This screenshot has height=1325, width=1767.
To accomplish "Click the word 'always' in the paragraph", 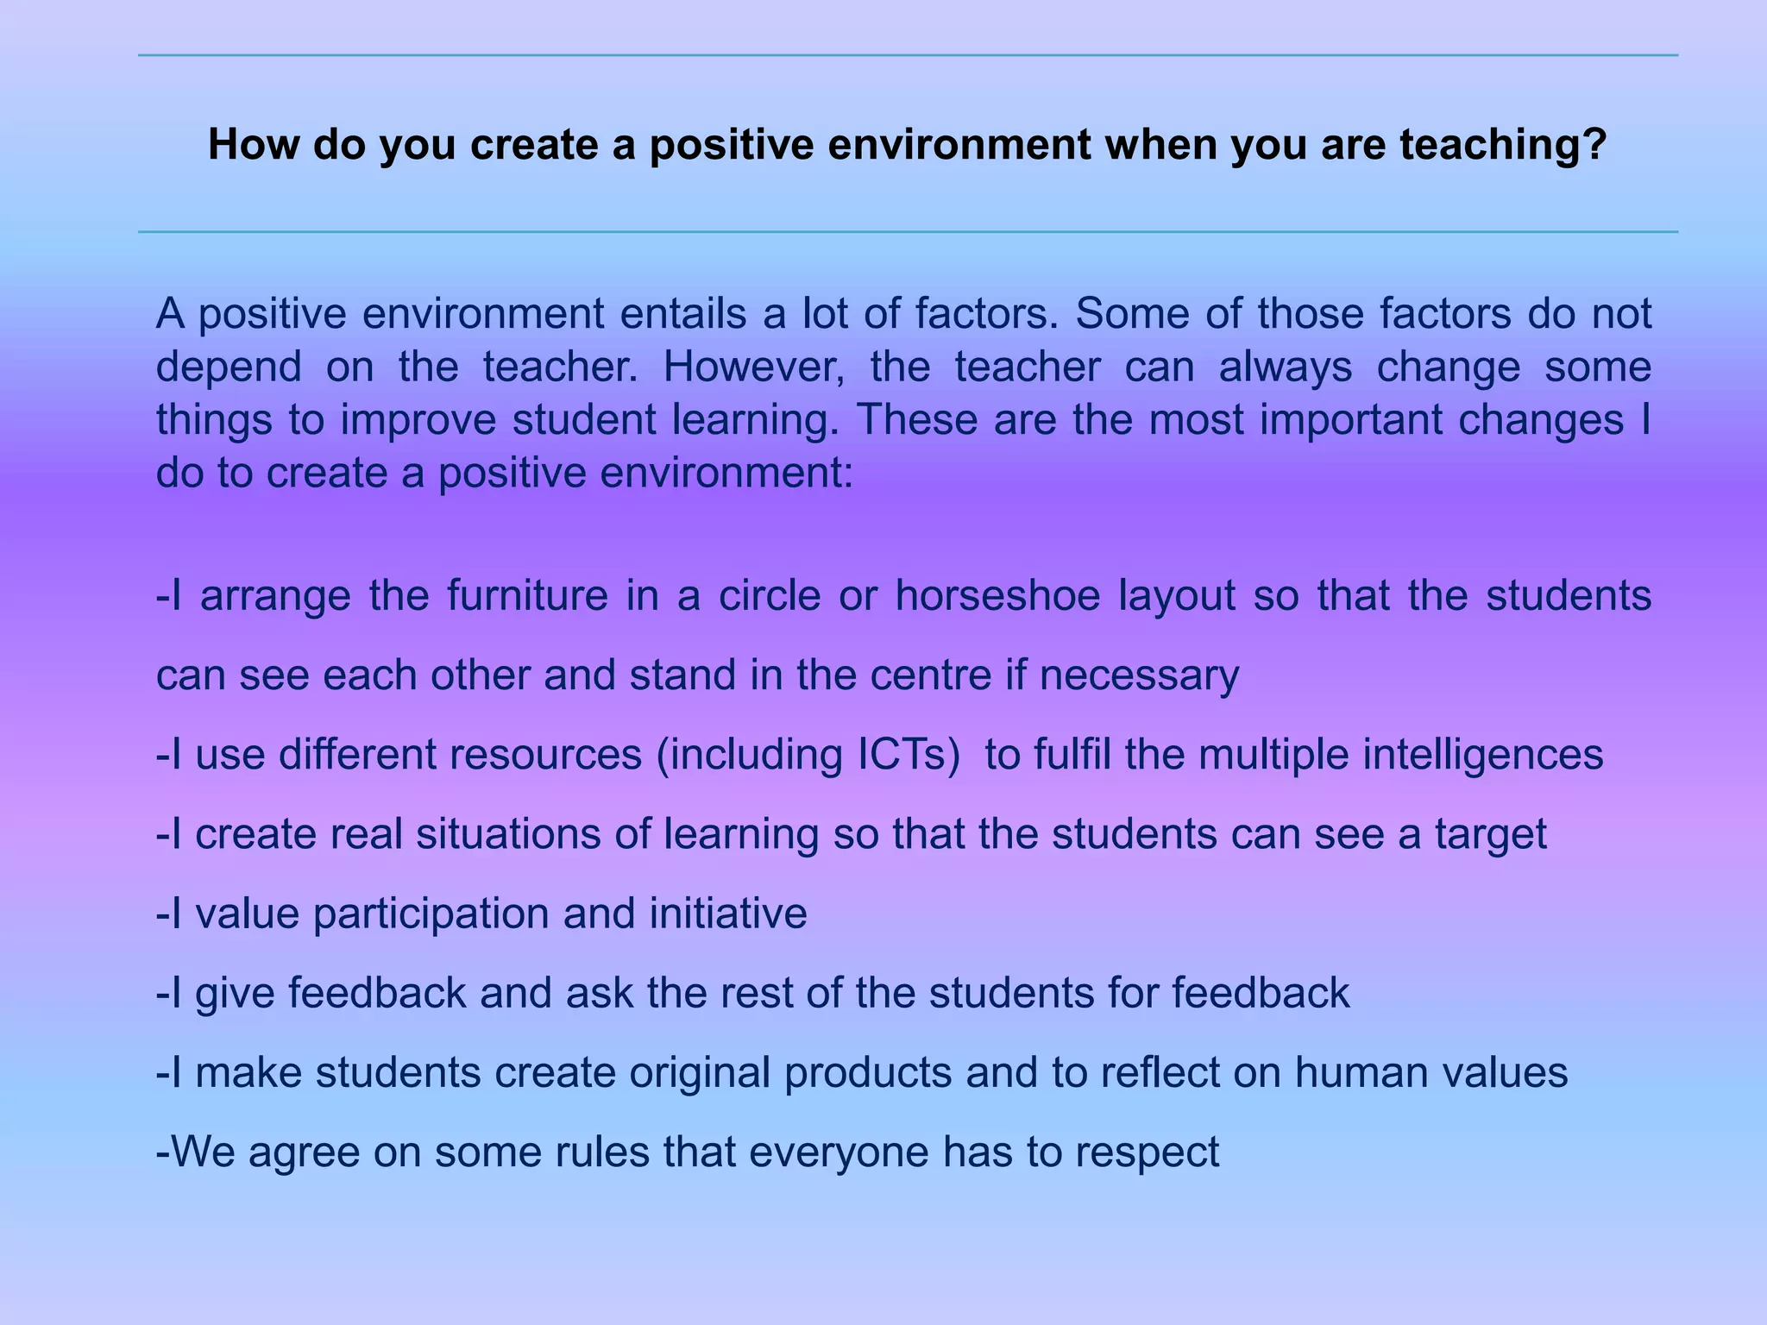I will (1285, 367).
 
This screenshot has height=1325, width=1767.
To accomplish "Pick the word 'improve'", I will (418, 420).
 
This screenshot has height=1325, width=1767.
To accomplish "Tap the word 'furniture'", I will (528, 595).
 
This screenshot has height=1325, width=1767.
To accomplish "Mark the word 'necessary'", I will (1139, 675).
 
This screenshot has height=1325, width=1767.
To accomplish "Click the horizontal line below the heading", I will (908, 232).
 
